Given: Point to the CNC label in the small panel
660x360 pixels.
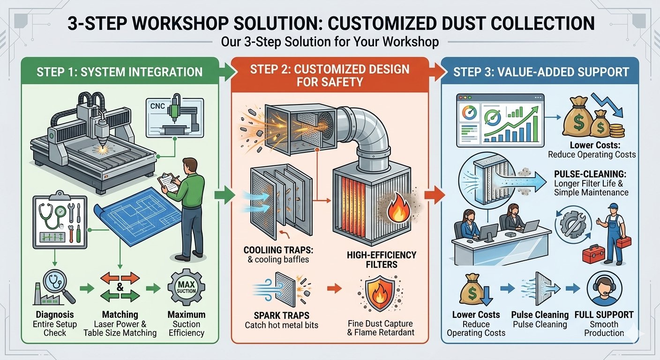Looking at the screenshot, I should (x=158, y=106).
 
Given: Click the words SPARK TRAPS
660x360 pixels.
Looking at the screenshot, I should (x=268, y=315).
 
